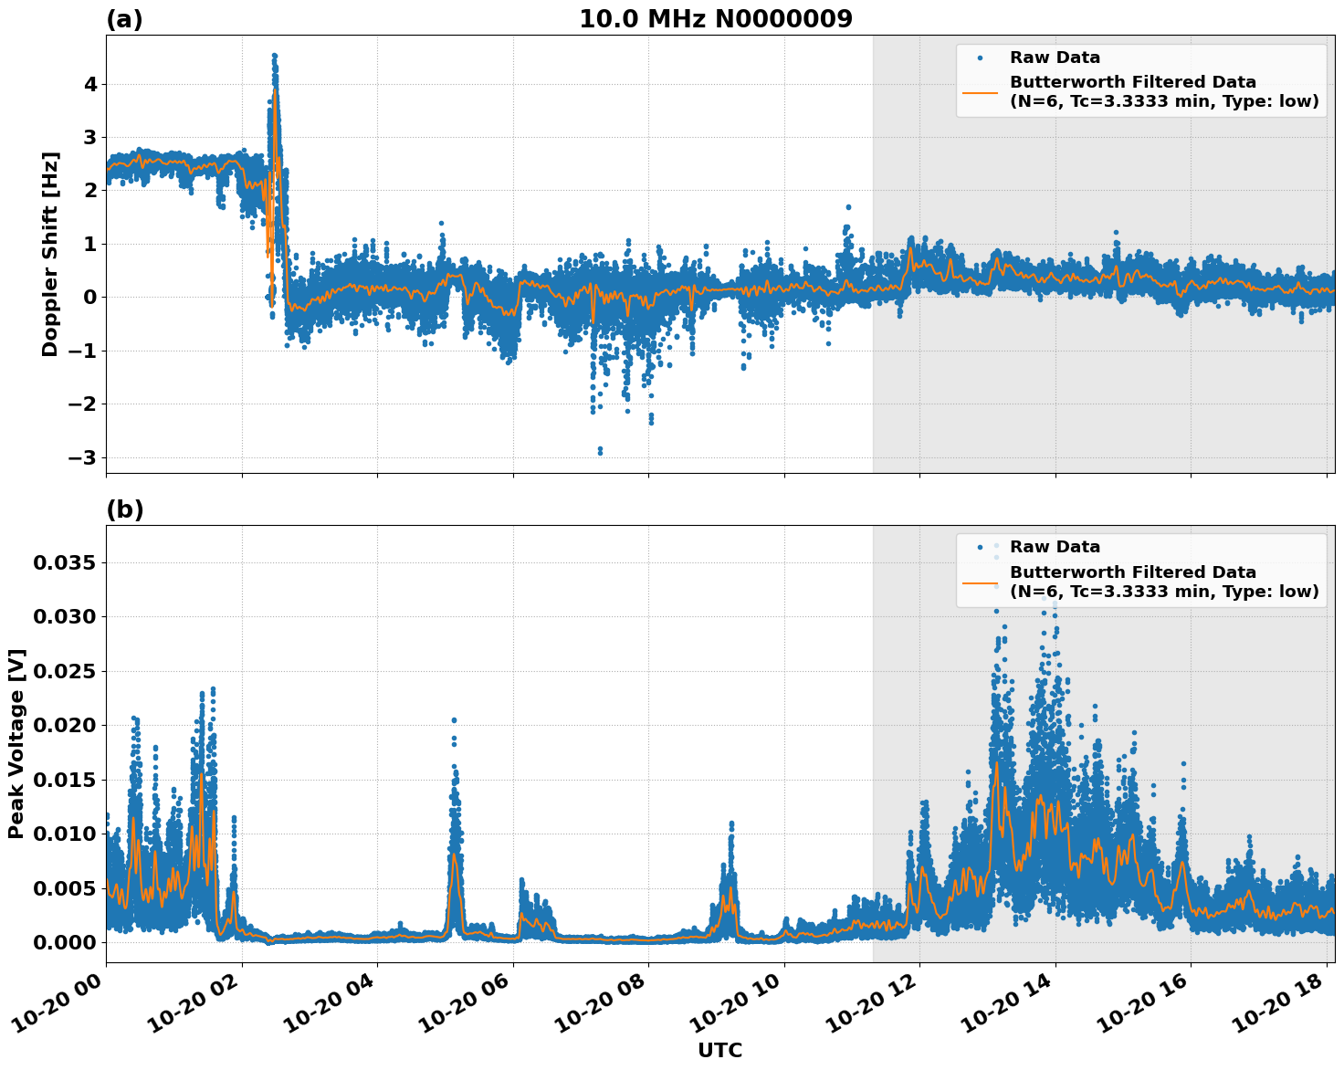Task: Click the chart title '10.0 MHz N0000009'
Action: [x=715, y=19]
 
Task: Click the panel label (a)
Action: [x=124, y=19]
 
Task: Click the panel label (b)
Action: [x=124, y=509]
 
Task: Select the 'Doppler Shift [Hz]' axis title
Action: [x=50, y=254]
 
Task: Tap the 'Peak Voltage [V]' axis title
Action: [x=16, y=743]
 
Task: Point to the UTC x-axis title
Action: [x=719, y=1050]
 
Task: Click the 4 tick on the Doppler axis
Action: [x=90, y=84]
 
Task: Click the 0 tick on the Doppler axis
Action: [x=90, y=298]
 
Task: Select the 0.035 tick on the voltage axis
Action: [x=64, y=563]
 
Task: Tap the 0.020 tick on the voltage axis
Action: [x=64, y=726]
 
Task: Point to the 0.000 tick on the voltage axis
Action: [x=64, y=942]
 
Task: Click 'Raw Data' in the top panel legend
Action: [x=1055, y=58]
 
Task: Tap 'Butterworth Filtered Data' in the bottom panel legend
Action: [x=1132, y=572]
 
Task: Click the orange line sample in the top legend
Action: [x=980, y=91]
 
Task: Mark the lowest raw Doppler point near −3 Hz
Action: [x=600, y=452]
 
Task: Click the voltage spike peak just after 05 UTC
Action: [x=454, y=720]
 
